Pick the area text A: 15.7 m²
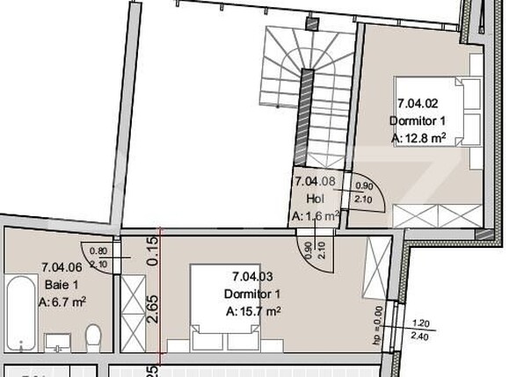coord(253,310)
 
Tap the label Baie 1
coord(61,285)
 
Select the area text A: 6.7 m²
coord(62,301)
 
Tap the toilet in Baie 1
coord(93,335)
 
